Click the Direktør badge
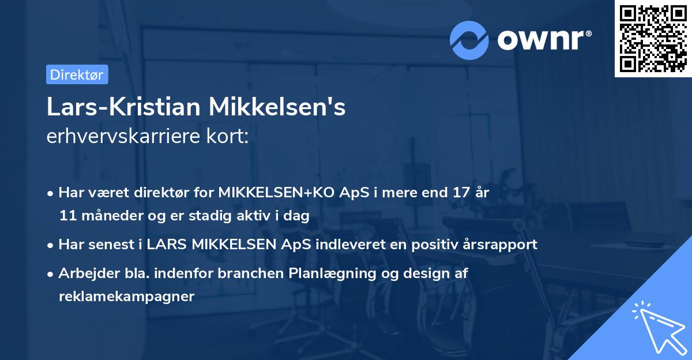pyautogui.click(x=76, y=74)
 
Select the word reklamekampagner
pyautogui.click(x=126, y=296)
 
